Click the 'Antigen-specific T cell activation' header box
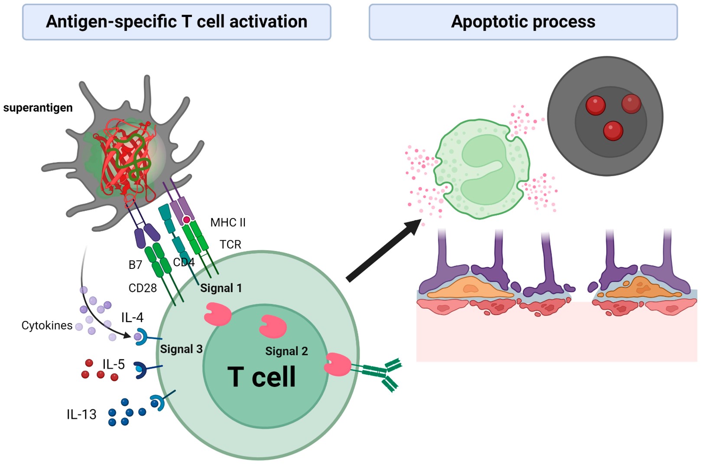click(x=176, y=22)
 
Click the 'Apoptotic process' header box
click(x=523, y=22)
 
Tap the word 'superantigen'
click(x=38, y=108)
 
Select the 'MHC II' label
click(x=228, y=222)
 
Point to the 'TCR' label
click(x=230, y=245)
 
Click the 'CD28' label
click(x=143, y=288)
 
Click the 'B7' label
click(x=135, y=265)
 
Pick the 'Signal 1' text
click(x=221, y=288)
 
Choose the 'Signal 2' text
click(x=286, y=351)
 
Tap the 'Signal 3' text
click(x=181, y=349)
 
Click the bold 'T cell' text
click(x=261, y=376)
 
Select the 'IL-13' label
click(x=81, y=414)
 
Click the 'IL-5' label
click(x=114, y=364)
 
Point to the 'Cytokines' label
click(x=47, y=325)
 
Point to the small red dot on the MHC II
click(x=186, y=220)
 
